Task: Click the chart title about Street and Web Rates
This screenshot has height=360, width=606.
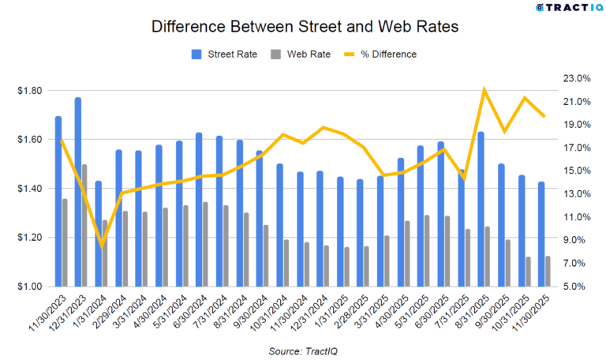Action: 303,27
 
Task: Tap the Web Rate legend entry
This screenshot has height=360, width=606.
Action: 299,54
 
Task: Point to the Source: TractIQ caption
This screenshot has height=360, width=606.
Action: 303,350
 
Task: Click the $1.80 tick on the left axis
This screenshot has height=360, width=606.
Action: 28,91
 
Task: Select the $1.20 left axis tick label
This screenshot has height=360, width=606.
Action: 28,238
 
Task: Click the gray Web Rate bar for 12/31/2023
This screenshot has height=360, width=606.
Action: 85,225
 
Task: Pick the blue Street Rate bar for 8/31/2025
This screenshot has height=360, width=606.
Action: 481,208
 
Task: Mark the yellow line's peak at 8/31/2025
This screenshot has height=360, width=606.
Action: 484,89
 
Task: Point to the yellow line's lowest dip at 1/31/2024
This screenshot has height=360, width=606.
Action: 102,246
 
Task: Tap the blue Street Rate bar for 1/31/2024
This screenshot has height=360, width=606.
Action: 99,233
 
